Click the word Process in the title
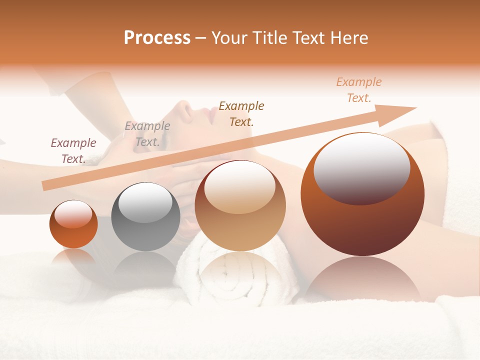coord(157,38)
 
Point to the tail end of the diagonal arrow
coord(44,186)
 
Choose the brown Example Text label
coord(241,113)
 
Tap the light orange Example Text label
coord(359,90)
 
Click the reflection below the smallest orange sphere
coord(73,257)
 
